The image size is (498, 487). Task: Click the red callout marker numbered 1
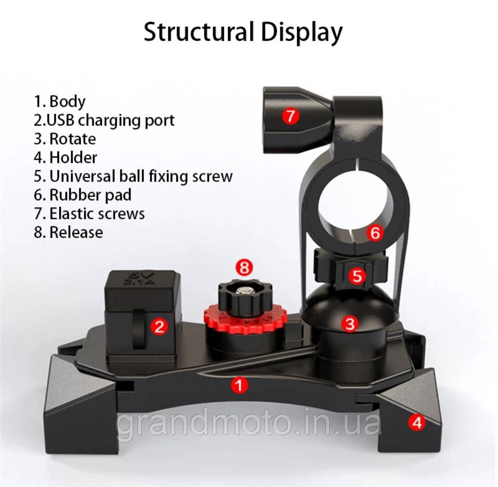[x=239, y=385]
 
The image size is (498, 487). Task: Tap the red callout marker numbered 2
[x=159, y=326]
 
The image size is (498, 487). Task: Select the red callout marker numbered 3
[x=350, y=324]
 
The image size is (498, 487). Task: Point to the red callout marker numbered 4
[x=417, y=422]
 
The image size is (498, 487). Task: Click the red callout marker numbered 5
[x=357, y=276]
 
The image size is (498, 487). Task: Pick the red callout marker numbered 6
[x=375, y=233]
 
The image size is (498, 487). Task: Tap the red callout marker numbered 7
[x=290, y=116]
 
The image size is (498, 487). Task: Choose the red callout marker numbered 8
[x=244, y=268]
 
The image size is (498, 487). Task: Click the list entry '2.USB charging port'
[x=104, y=120]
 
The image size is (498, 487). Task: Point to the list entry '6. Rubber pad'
[x=83, y=195]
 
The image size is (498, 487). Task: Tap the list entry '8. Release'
[x=68, y=232]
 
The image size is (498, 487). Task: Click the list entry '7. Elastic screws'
[x=89, y=214]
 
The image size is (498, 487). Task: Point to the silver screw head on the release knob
[x=245, y=290]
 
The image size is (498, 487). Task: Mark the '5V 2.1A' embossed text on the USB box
[x=142, y=278]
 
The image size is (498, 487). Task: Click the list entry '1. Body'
[x=59, y=102]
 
